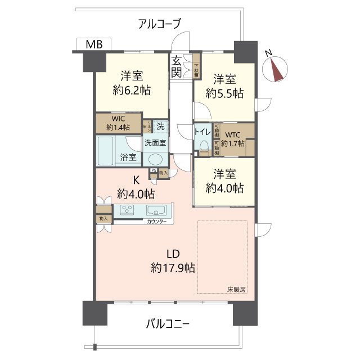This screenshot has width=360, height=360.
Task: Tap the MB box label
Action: pyautogui.click(x=94, y=44)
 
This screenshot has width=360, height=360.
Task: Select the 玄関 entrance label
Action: pyautogui.click(x=177, y=66)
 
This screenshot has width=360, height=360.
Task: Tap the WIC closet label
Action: pyautogui.click(x=118, y=119)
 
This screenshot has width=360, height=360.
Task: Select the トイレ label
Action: pyautogui.click(x=202, y=132)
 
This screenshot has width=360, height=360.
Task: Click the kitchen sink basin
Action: pyautogui.click(x=155, y=211)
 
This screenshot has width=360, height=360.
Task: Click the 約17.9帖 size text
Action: pyautogui.click(x=173, y=268)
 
